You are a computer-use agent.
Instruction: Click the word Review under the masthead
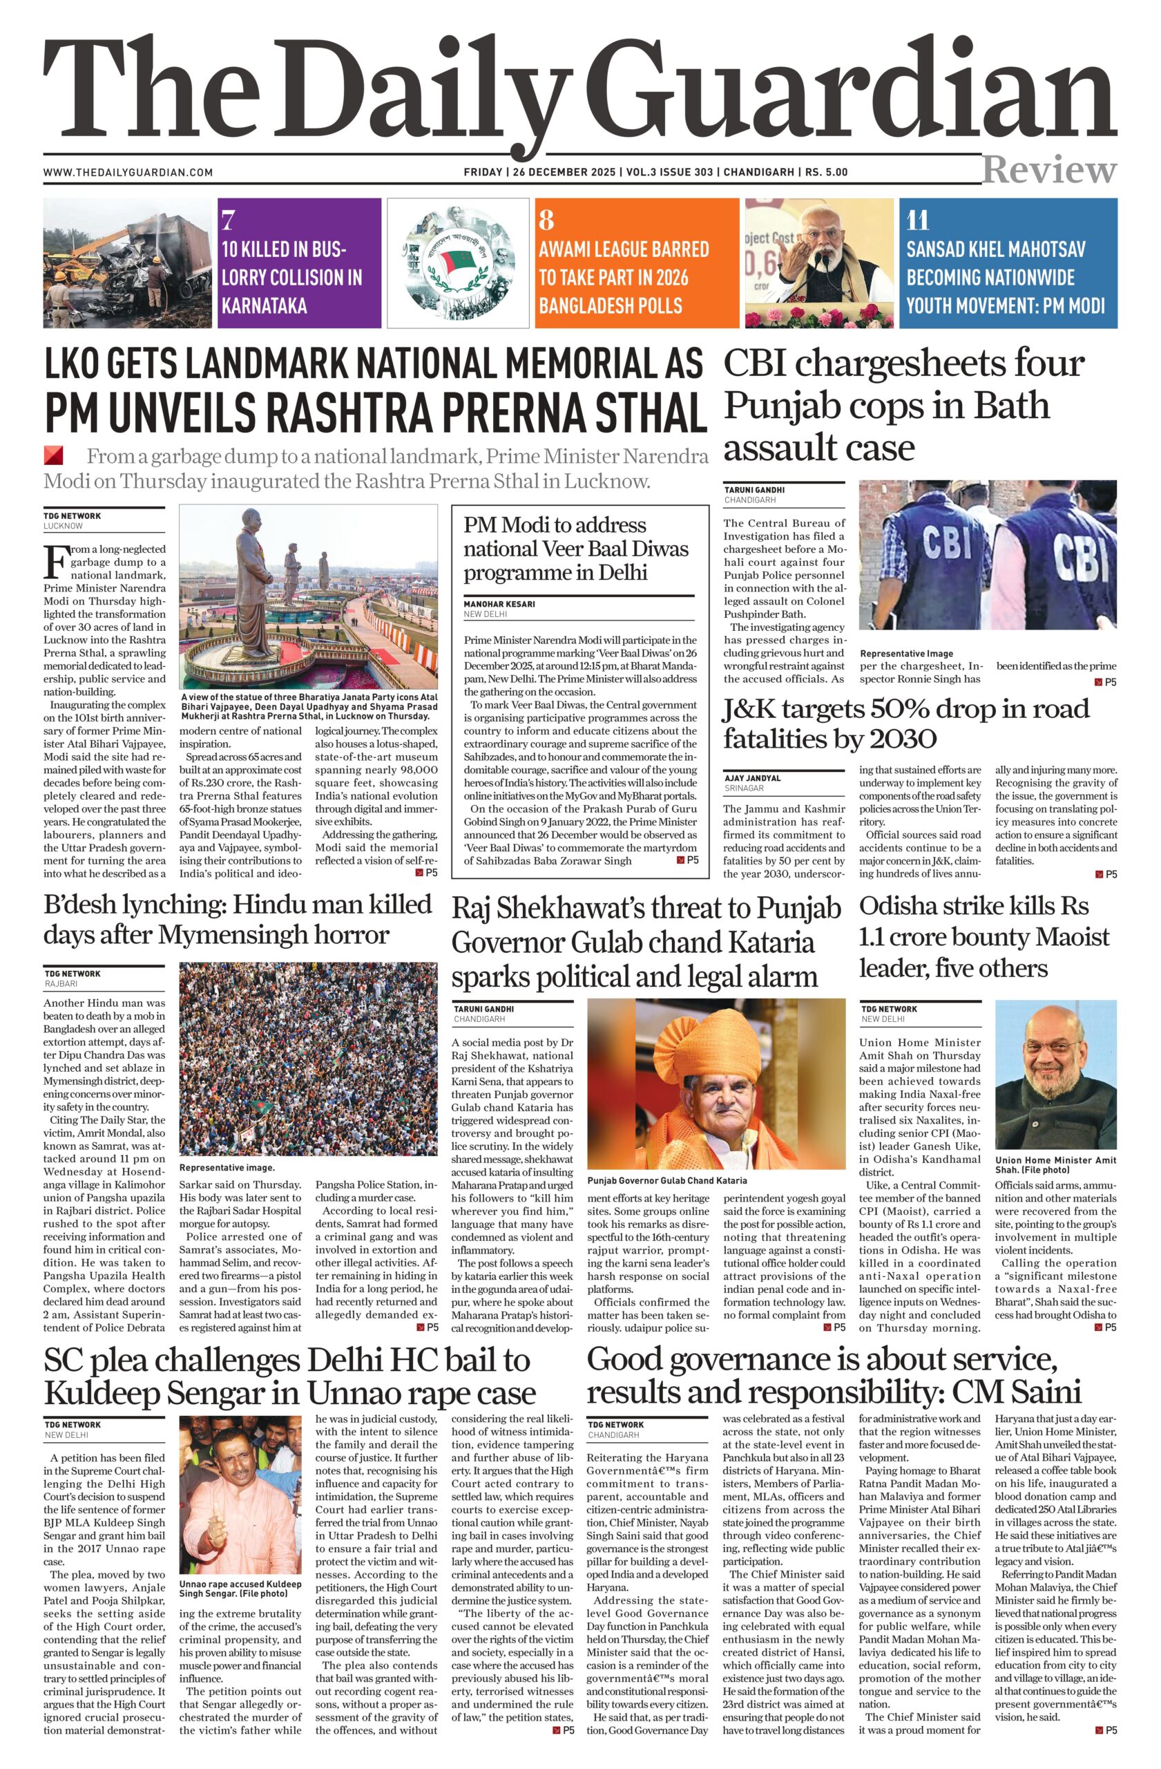(1049, 170)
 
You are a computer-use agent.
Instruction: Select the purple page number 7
(228, 220)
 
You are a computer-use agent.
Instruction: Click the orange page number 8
(546, 220)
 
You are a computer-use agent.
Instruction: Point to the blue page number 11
(917, 220)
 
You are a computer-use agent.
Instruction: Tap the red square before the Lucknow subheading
(53, 455)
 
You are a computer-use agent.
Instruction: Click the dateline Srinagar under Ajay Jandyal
(745, 788)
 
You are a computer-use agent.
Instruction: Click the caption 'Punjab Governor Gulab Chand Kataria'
(666, 1180)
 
